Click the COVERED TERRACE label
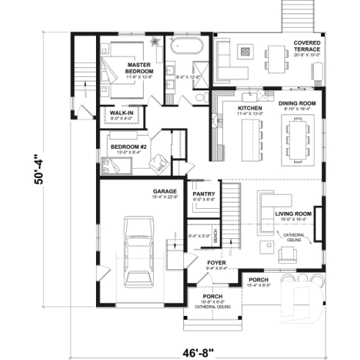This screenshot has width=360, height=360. (307, 46)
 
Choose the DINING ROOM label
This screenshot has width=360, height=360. (297, 103)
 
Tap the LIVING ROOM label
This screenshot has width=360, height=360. (293, 214)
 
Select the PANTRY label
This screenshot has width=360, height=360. (203, 194)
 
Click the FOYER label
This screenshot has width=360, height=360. (216, 262)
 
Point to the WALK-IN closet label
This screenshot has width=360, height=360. (120, 113)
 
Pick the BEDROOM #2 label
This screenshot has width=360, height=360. (128, 146)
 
